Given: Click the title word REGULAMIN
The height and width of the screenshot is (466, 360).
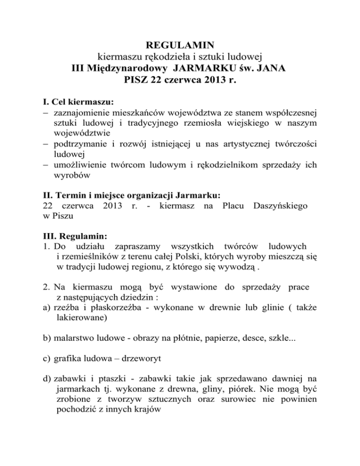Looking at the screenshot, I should click(180, 45).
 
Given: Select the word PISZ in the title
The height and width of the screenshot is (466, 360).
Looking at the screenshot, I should click(139, 80).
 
